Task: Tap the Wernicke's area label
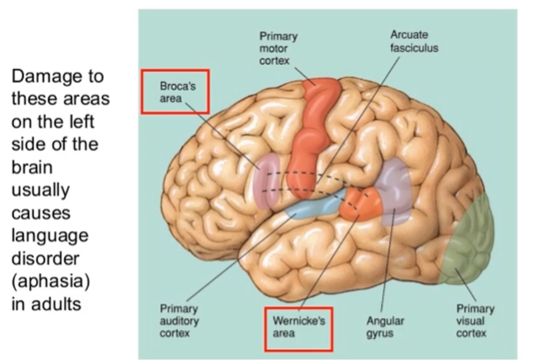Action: click(x=297, y=329)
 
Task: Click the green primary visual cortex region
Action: click(x=472, y=240)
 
